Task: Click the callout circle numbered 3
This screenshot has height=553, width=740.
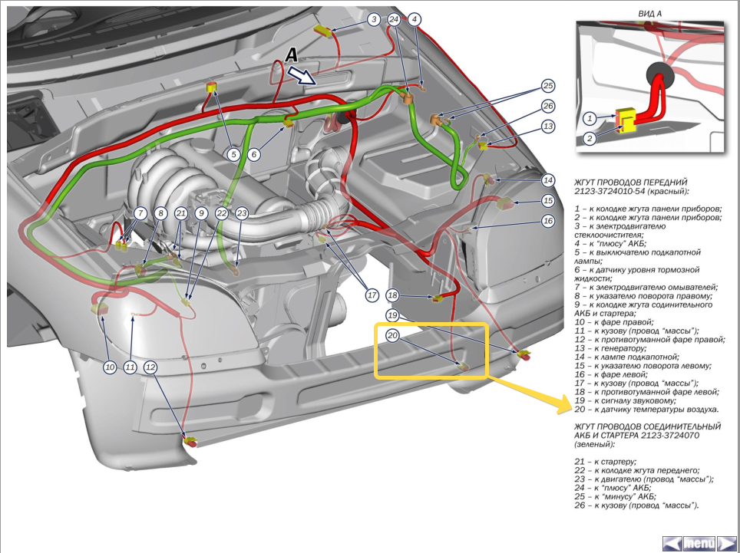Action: coord(374,19)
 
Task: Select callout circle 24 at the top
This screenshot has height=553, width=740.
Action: coord(395,19)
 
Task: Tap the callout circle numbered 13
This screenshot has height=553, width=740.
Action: coord(547,126)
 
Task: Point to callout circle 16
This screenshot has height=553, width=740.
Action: coord(547,221)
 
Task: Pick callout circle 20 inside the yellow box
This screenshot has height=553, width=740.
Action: coord(392,335)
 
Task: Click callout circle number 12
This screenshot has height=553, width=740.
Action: coord(150,367)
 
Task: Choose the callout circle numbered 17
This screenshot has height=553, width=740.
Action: coord(372,294)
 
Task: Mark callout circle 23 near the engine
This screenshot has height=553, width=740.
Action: coord(242,213)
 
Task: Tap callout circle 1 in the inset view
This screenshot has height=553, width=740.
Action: coord(590,118)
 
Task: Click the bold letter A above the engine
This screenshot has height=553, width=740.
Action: coord(290,55)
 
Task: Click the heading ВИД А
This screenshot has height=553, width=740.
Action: coord(650,14)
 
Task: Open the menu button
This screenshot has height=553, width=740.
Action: coord(699,543)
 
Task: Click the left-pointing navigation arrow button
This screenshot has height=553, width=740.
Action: coord(672,543)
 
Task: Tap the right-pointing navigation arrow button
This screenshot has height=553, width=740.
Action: coord(726,543)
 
